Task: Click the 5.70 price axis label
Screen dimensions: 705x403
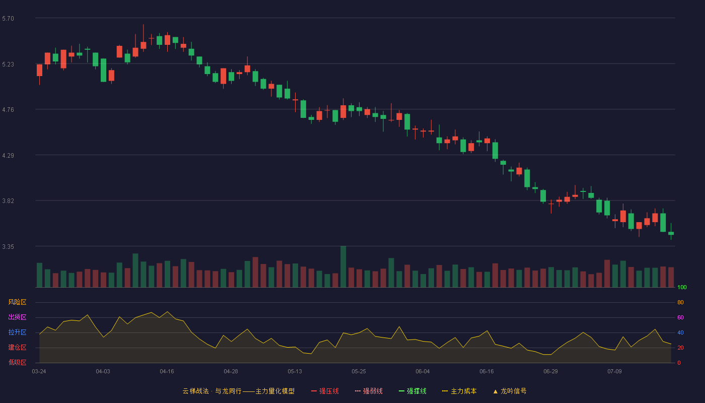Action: pos(8,19)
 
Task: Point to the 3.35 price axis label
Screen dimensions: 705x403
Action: pos(8,246)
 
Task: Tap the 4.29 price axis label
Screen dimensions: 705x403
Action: pos(8,156)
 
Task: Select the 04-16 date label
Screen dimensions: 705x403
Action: pos(167,372)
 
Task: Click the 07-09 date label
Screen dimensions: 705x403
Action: pos(614,372)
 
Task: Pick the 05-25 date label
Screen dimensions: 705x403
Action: pos(359,372)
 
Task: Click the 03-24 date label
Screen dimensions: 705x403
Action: pos(39,372)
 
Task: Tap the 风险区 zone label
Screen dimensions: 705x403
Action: pos(17,302)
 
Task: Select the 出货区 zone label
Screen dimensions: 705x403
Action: pos(17,317)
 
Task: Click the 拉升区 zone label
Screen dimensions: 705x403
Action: pos(17,332)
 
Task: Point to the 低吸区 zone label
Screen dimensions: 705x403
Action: pos(17,362)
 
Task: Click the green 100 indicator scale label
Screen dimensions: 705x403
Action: pos(682,287)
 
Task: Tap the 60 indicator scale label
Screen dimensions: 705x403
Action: pos(680,317)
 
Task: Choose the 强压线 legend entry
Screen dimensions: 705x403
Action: pos(325,391)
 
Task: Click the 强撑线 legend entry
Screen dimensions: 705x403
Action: pos(412,391)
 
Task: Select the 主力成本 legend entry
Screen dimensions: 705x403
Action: pos(459,391)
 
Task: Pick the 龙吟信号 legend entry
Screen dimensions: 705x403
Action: pos(510,391)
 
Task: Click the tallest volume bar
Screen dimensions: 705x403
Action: pos(343,266)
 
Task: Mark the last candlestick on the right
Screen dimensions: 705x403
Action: pos(671,232)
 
